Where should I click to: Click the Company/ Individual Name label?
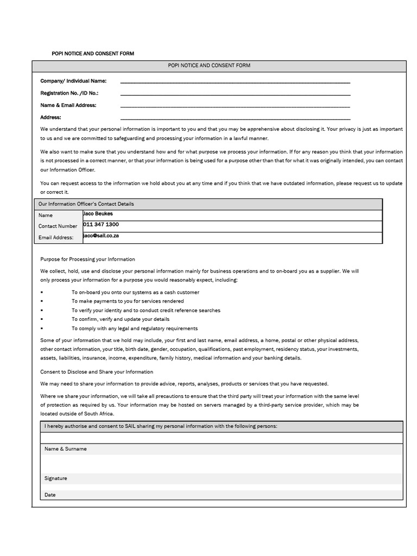click(73, 81)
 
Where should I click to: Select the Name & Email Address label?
click(68, 105)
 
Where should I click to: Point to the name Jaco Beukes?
click(98, 214)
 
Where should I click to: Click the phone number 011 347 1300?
click(101, 225)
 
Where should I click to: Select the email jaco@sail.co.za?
click(101, 236)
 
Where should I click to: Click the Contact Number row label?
click(58, 226)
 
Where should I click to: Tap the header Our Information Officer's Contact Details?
click(86, 204)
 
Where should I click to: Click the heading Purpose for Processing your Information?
click(87, 260)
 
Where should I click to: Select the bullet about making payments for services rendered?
click(128, 301)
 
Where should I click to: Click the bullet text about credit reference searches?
click(146, 311)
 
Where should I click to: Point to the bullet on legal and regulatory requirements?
click(134, 328)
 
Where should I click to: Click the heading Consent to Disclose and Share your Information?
click(97, 372)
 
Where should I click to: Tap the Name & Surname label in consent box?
click(65, 449)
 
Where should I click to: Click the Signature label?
click(56, 478)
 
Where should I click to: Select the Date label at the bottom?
click(50, 495)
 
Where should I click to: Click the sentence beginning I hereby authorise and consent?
click(161, 426)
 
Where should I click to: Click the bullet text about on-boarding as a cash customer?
click(135, 292)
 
